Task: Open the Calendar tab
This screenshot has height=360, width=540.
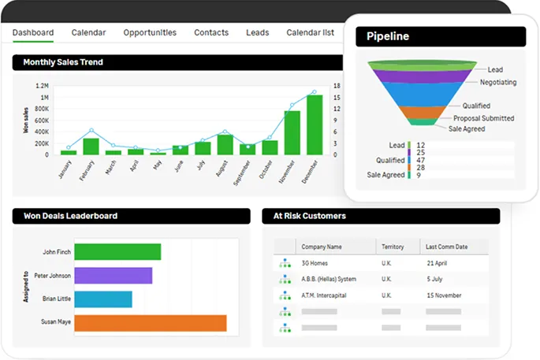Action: (88, 32)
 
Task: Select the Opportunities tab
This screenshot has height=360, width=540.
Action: (150, 32)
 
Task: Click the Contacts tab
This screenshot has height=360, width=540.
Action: (211, 32)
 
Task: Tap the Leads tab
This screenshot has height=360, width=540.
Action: (257, 32)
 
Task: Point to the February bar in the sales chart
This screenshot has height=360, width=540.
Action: (91, 147)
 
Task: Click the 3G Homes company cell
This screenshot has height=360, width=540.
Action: (315, 263)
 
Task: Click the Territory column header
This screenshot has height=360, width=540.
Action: (393, 247)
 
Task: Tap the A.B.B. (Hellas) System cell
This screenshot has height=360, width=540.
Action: (329, 279)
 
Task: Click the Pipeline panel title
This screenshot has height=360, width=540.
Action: (388, 36)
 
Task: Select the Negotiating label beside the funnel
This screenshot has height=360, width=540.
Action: (498, 82)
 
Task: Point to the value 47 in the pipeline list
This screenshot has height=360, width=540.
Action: (420, 159)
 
